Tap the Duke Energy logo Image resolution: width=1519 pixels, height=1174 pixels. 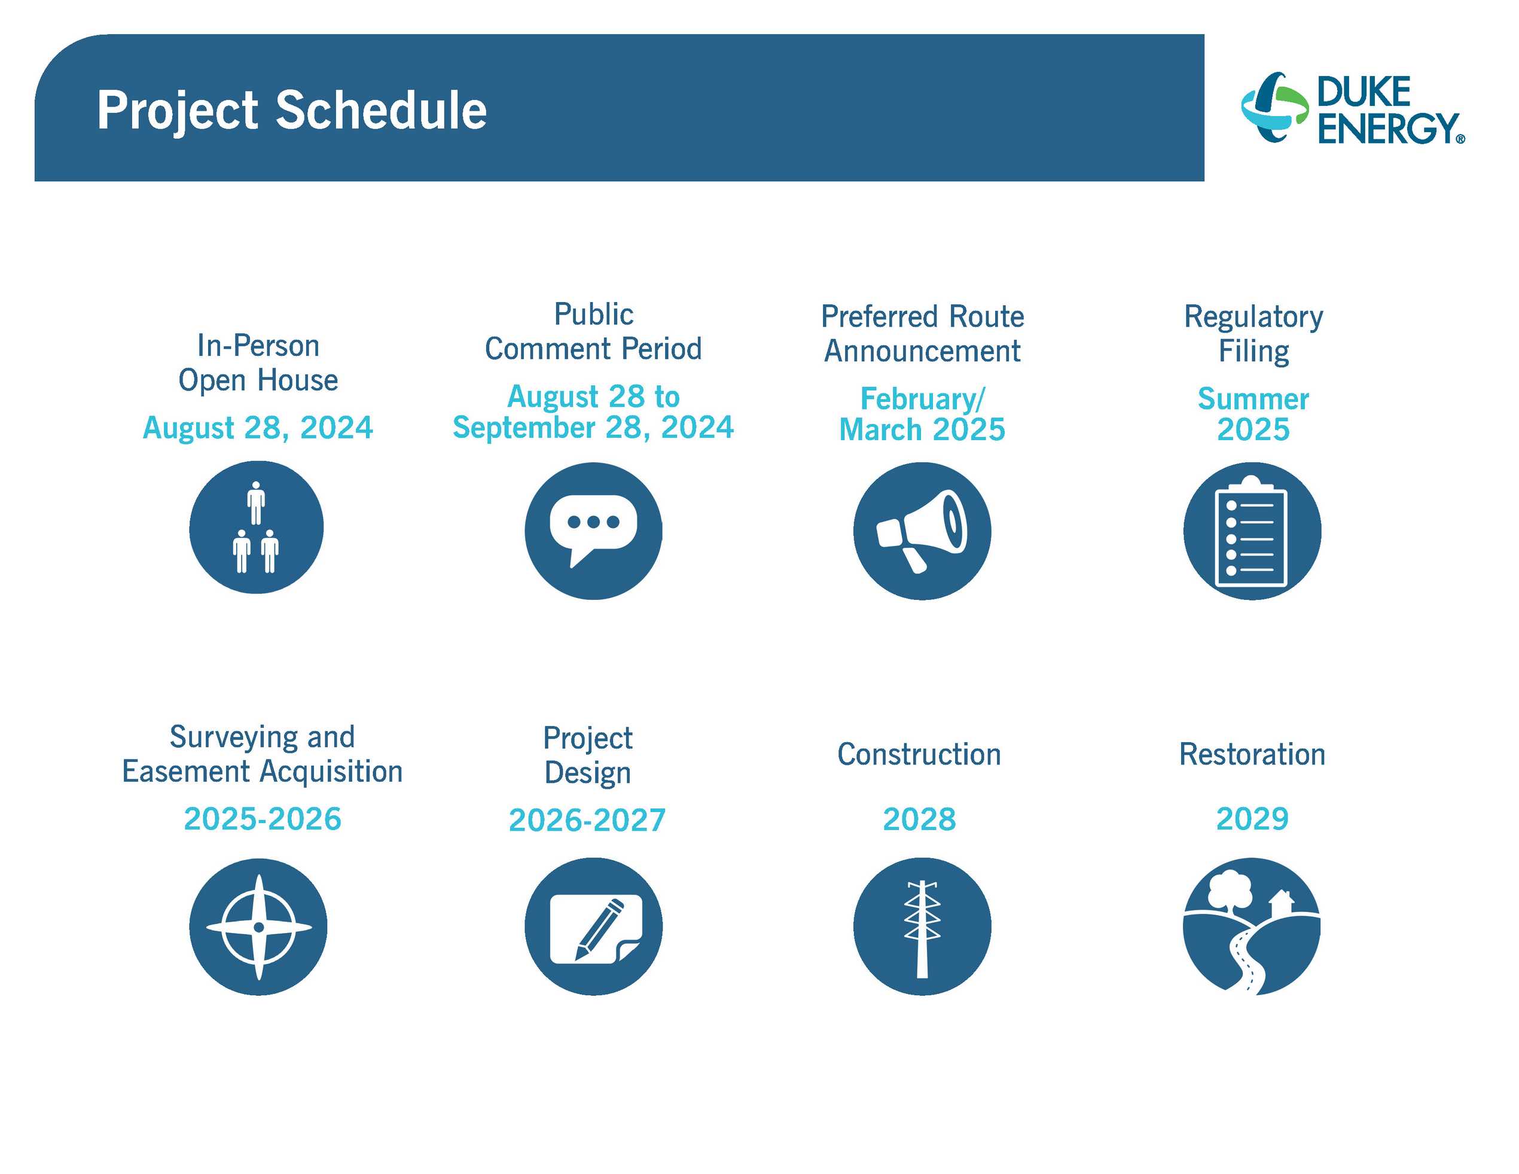[1353, 109]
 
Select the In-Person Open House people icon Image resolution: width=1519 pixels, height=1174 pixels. [257, 527]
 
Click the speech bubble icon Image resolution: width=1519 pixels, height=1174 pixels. [593, 530]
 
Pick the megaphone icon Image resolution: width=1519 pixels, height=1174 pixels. [922, 530]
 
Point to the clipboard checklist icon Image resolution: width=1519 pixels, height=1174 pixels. [1252, 530]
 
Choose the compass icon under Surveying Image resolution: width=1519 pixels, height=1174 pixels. [258, 926]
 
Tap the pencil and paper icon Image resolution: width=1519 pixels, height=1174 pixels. [593, 926]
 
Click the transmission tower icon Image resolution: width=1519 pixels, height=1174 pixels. [922, 926]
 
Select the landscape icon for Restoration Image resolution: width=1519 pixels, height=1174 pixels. [1252, 926]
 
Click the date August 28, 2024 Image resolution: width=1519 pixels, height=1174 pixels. [258, 427]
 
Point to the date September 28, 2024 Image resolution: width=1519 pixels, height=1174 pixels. [593, 427]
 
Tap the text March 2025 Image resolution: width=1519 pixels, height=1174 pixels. [922, 429]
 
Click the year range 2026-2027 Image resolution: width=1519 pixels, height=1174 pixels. [588, 820]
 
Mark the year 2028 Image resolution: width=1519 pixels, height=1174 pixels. [919, 819]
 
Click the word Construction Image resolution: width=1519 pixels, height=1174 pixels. [919, 754]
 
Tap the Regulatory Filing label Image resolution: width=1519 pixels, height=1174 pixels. [1253, 333]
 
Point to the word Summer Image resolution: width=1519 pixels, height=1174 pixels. [1253, 398]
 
